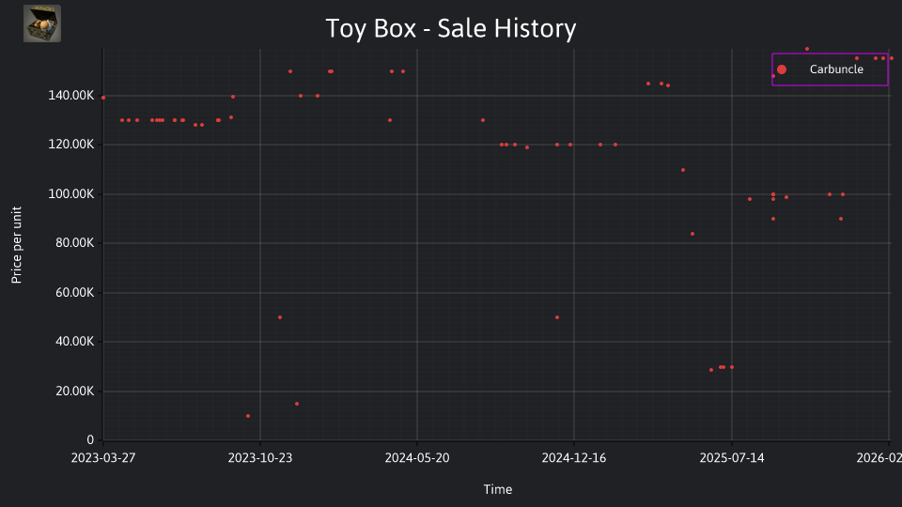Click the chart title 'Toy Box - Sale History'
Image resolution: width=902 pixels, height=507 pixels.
pyautogui.click(x=450, y=28)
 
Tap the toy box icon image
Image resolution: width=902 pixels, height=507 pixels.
pyautogui.click(x=42, y=23)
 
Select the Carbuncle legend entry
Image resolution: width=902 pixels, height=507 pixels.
pyautogui.click(x=830, y=69)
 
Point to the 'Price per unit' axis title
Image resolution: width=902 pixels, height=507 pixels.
pyautogui.click(x=16, y=245)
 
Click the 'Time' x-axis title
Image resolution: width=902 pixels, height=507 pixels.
pyautogui.click(x=498, y=489)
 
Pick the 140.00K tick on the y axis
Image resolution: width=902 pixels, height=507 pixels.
pyautogui.click(x=70, y=96)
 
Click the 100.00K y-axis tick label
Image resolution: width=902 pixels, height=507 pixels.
pyautogui.click(x=70, y=193)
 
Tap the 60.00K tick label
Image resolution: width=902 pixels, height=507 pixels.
pyautogui.click(x=74, y=293)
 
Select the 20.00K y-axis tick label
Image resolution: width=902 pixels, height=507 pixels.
pyautogui.click(x=74, y=391)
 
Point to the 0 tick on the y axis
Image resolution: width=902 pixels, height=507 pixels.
pyautogui.click(x=90, y=439)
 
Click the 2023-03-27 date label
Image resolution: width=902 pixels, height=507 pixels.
pyautogui.click(x=103, y=457)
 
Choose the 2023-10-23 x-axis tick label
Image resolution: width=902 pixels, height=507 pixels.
pyautogui.click(x=260, y=457)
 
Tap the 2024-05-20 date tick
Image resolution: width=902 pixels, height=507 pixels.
pyautogui.click(x=417, y=457)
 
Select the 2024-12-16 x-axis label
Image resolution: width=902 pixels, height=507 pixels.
pyautogui.click(x=574, y=457)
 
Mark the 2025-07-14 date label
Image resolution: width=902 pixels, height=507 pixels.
pyautogui.click(x=732, y=457)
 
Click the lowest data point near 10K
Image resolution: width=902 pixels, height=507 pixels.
pyautogui.click(x=248, y=416)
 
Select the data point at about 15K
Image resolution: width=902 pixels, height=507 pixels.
pyautogui.click(x=297, y=404)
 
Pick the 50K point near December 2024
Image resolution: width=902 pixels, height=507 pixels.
pyautogui.click(x=557, y=317)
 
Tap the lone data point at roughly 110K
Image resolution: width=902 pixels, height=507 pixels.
pyautogui.click(x=683, y=170)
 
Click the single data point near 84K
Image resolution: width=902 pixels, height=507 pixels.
pyautogui.click(x=692, y=234)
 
